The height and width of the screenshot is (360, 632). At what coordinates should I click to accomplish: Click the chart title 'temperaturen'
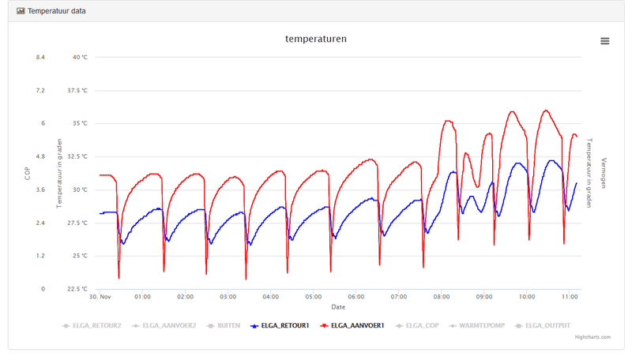(316, 39)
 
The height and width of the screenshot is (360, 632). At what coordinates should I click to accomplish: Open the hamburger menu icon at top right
(604, 41)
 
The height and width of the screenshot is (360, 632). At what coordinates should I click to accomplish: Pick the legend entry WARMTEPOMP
(479, 325)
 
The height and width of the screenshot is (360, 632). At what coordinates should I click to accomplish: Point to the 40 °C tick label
(80, 58)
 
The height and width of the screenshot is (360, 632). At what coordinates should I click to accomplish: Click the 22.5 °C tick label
(77, 289)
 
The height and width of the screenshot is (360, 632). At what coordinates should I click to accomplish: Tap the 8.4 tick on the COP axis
(39, 58)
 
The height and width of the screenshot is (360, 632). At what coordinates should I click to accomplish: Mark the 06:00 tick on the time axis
(356, 297)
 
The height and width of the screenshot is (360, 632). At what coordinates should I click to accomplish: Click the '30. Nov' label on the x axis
(100, 297)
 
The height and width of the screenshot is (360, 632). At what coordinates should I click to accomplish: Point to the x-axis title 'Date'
(338, 307)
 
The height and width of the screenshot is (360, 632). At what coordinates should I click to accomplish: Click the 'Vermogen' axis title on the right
(604, 173)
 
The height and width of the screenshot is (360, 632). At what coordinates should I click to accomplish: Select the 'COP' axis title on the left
(27, 173)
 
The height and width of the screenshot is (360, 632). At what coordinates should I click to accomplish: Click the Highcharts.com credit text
(592, 337)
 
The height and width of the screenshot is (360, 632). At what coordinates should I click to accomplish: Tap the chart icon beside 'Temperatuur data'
(21, 11)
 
